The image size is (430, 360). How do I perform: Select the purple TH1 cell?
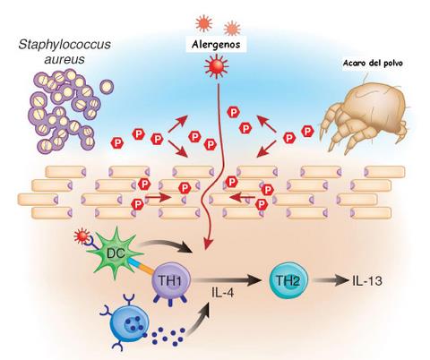[x=170, y=281]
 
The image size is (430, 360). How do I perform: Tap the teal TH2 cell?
[x=288, y=280]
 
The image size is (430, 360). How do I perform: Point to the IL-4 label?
[x=223, y=293]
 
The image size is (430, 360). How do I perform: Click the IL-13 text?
[x=367, y=281]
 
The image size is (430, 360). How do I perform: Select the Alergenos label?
[x=216, y=45]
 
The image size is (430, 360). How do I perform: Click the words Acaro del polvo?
[x=373, y=63]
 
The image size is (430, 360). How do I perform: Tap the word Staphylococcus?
[x=64, y=45]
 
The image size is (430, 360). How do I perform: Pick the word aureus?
[x=64, y=59]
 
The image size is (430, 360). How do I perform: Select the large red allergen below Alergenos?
[x=217, y=66]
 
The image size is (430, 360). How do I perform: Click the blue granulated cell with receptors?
[x=129, y=322]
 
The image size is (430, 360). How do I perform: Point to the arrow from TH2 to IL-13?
[x=331, y=280]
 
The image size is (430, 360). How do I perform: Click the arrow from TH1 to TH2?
[x=227, y=280]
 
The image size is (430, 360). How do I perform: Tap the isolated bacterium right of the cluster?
[x=107, y=86]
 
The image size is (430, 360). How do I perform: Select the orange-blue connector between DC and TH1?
[x=141, y=265]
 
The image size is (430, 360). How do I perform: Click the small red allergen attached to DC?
[x=82, y=236]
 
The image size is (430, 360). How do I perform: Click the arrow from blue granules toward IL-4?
[x=199, y=321]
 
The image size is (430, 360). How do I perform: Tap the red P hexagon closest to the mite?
[x=307, y=132]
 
